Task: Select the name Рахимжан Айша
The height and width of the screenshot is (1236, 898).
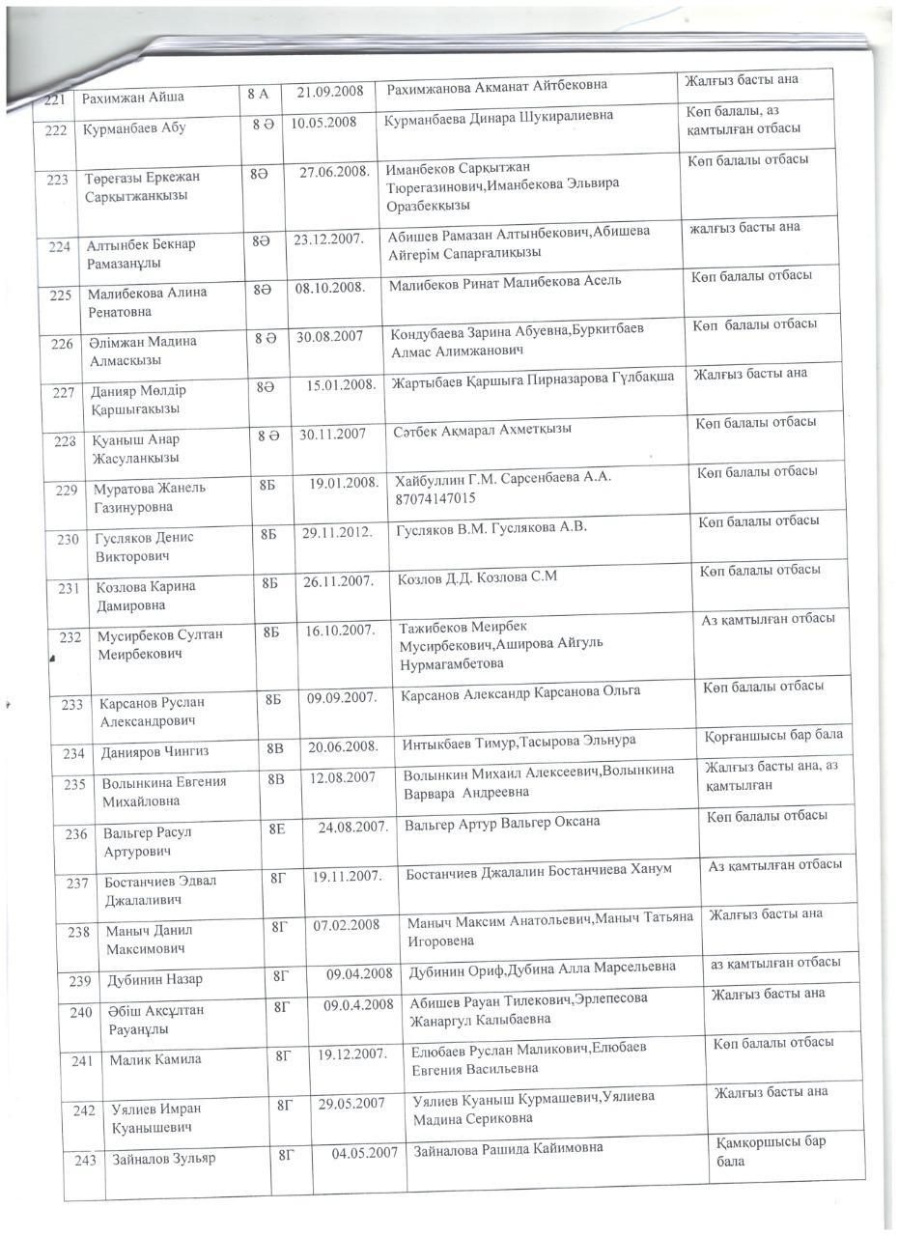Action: point(133,98)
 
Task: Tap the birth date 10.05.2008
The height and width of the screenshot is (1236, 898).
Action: point(323,123)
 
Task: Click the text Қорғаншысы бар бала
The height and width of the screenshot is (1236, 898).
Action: point(773,736)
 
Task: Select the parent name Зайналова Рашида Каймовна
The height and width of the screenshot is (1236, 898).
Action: point(509,1149)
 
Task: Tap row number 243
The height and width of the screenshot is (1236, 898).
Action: point(85,1160)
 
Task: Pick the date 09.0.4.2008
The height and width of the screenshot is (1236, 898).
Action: point(359,1004)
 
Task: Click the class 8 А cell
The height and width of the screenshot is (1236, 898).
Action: point(259,94)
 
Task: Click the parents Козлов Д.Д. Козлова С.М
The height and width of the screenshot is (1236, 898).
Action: point(477,578)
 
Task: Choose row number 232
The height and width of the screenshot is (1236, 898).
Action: point(70,637)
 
